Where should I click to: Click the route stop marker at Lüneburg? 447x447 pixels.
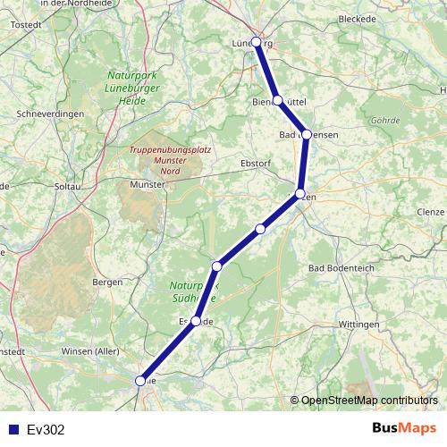point(257,42)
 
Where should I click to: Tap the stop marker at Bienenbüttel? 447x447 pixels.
point(278,100)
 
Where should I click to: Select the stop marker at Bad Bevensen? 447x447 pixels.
point(307,134)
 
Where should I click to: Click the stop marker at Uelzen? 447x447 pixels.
point(300,193)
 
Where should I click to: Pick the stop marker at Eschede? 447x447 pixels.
point(196,320)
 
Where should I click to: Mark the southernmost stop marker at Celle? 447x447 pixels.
point(140,381)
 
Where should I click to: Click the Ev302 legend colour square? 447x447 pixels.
point(11,429)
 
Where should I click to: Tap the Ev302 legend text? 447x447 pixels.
point(46,429)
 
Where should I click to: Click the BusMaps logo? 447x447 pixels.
point(404,428)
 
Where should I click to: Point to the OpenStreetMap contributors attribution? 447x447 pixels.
point(369,400)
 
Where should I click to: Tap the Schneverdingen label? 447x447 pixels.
point(50,114)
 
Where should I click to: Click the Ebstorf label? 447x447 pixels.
point(256,163)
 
